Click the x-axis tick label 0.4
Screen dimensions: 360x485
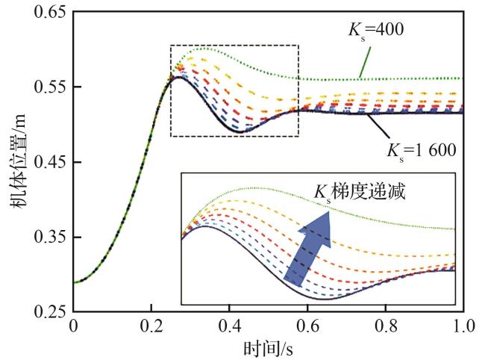[x=230, y=326]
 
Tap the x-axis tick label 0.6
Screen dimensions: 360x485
[x=308, y=326]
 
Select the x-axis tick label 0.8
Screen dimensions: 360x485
[x=387, y=326]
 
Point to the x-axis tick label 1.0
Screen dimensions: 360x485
[x=463, y=326]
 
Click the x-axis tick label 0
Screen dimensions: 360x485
[x=73, y=326]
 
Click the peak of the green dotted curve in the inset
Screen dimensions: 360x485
[x=254, y=187]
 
